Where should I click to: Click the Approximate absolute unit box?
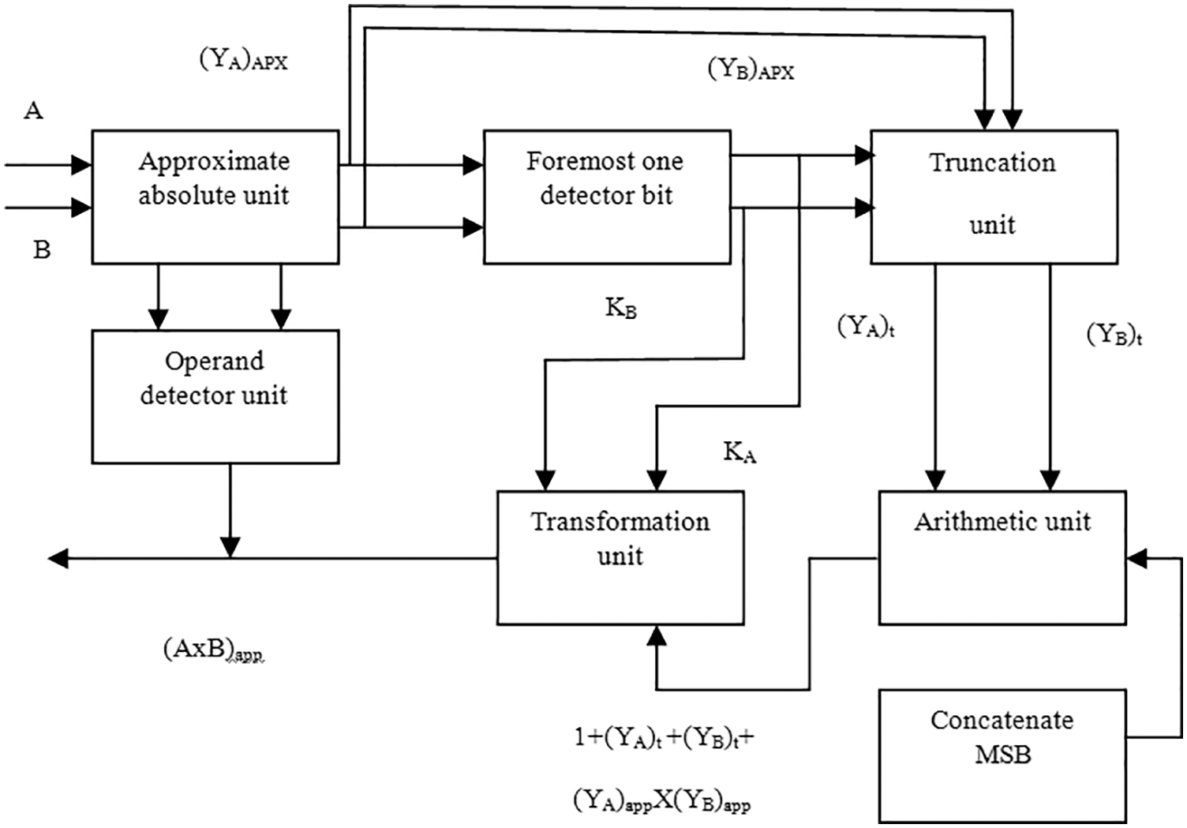[x=215, y=197]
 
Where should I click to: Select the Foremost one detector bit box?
[x=606, y=197]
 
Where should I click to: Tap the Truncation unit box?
[x=993, y=197]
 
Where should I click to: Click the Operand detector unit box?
[x=215, y=395]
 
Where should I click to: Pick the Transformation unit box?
[x=620, y=557]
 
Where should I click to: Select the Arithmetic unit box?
[x=1002, y=557]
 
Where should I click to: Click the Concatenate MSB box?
[x=1002, y=755]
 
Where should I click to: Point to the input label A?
[x=33, y=111]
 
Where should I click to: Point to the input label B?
[x=42, y=250]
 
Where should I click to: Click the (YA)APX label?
[x=243, y=60]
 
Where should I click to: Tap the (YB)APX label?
[x=751, y=69]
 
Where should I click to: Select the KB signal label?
[x=621, y=308]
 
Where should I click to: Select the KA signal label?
[x=740, y=452]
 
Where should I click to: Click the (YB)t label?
[x=1114, y=335]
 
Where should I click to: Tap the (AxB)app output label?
[x=213, y=650]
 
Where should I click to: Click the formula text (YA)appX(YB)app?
[x=661, y=800]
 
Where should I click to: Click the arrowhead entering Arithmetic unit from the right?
[x=1136, y=559]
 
